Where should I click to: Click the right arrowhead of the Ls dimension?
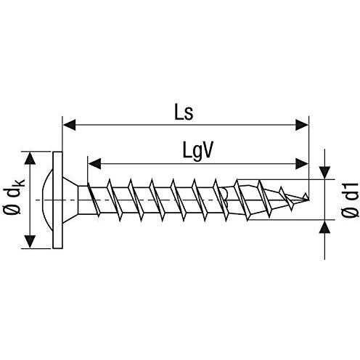(304, 126)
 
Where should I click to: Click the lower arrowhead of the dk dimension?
(30, 242)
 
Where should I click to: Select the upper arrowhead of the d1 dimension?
(324, 172)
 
